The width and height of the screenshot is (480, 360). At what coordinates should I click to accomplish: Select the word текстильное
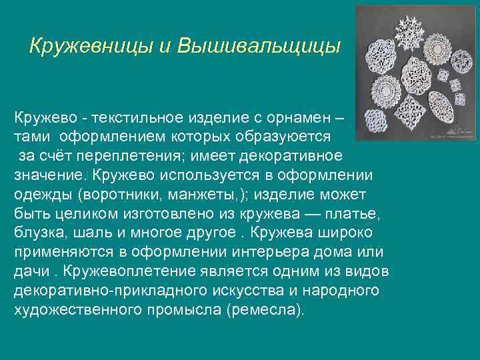132,118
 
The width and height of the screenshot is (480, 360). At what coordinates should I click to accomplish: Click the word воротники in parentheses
120,195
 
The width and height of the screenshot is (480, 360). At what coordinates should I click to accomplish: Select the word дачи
30,272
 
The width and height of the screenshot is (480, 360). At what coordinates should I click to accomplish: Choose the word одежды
40,195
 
